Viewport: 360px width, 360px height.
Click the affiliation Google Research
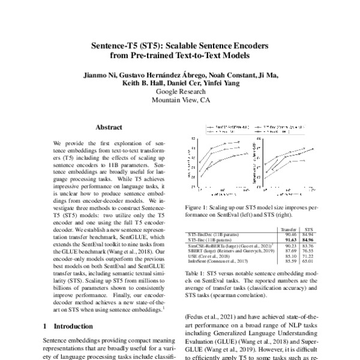180,92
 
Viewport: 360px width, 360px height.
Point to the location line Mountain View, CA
180,101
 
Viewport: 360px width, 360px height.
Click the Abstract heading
109,127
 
